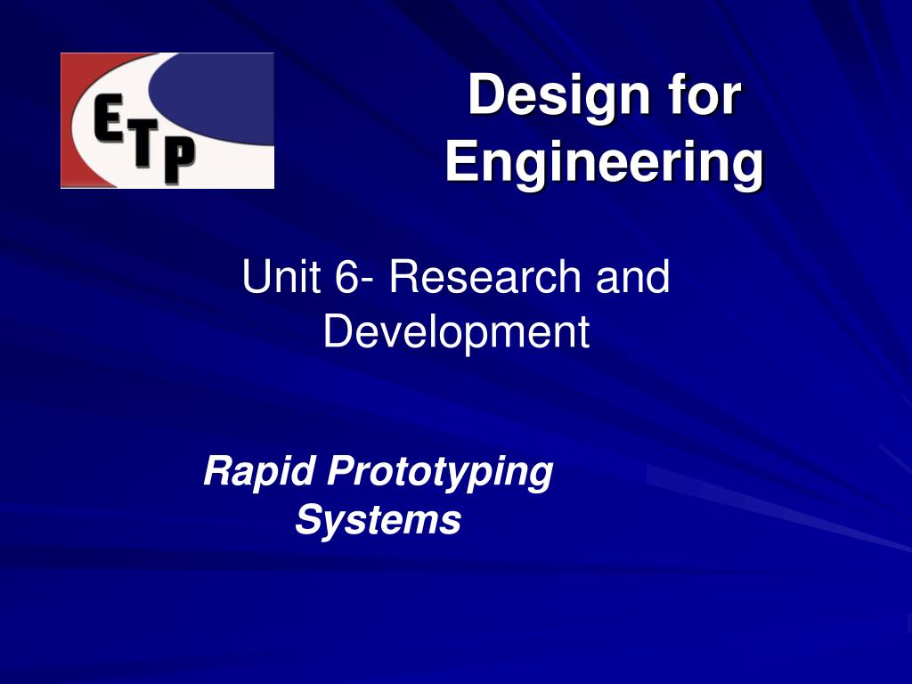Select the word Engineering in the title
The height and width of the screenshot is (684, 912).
[605, 163]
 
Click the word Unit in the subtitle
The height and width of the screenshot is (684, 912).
[281, 276]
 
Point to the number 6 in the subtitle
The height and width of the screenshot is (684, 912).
[347, 276]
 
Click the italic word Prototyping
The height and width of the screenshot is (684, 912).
[440, 472]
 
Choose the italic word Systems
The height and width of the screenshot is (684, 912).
[378, 519]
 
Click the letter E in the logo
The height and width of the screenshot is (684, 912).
[108, 119]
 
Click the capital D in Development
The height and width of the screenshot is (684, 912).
[338, 330]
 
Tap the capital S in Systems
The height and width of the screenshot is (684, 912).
[310, 519]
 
